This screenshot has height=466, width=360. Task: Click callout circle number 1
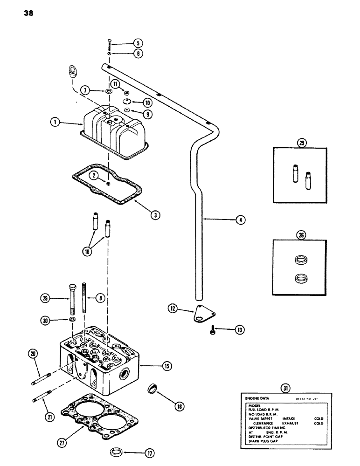coord(55,123)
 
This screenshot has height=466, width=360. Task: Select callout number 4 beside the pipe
coord(240,219)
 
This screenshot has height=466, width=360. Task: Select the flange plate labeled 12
coord(199,313)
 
